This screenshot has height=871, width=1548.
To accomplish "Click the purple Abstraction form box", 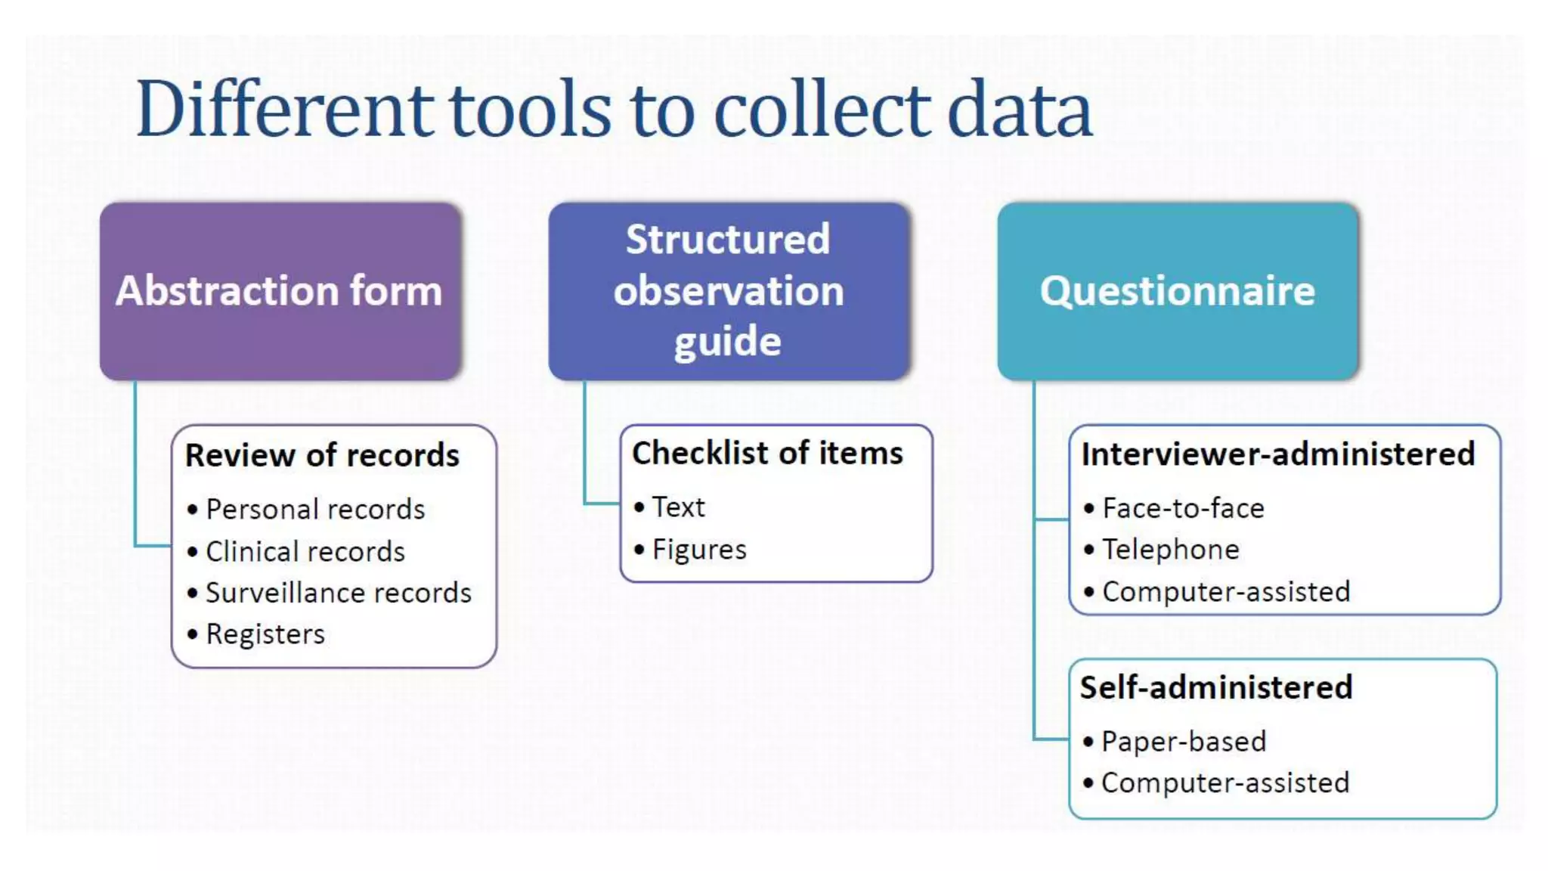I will click(x=280, y=291).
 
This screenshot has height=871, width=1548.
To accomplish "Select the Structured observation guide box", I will click(x=728, y=291).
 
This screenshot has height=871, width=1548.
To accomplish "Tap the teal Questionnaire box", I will click(x=1177, y=291).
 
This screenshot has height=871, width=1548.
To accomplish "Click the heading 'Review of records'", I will click(x=322, y=455).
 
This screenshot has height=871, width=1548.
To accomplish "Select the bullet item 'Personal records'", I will click(x=315, y=510).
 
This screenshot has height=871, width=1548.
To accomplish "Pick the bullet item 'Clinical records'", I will click(x=305, y=552).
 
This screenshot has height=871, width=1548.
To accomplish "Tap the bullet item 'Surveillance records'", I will click(x=338, y=594).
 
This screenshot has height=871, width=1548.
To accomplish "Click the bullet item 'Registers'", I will click(x=265, y=634).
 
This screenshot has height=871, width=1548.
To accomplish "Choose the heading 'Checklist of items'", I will click(x=767, y=453).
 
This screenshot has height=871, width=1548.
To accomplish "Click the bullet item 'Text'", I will click(x=678, y=507).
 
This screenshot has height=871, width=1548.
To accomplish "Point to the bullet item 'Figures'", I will click(x=699, y=550).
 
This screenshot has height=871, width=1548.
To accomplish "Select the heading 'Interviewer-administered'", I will click(x=1277, y=454).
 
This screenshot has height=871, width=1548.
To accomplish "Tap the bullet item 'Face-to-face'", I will click(x=1183, y=509).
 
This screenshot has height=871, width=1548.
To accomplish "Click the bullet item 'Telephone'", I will click(x=1171, y=550).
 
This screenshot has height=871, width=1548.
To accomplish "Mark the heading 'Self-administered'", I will click(x=1215, y=687).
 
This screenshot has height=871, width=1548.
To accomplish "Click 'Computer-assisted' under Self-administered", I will click(x=1225, y=783).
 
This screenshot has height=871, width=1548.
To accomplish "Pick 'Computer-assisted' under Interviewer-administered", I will click(x=1226, y=592).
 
